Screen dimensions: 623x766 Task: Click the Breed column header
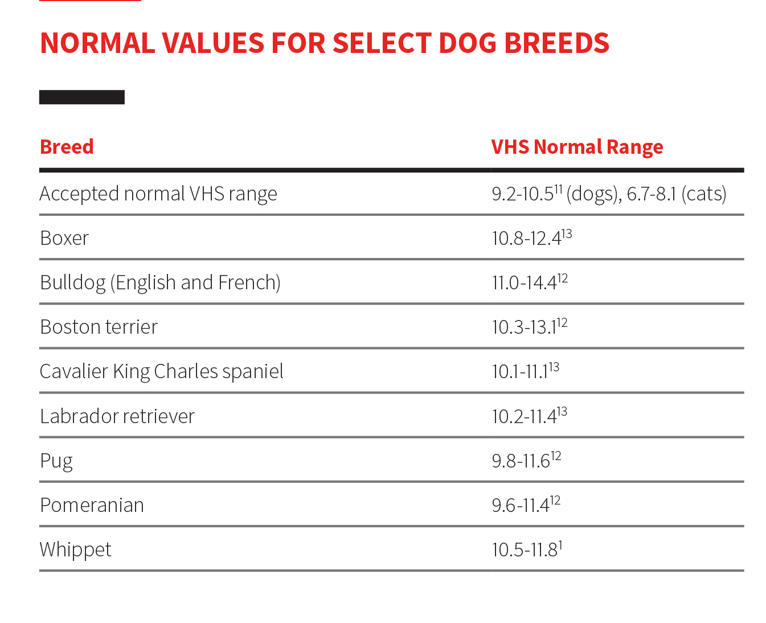[67, 147]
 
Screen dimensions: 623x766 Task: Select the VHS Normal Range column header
[576, 147]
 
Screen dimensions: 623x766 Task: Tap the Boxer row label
[64, 238]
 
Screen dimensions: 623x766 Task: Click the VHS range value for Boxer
[531, 237]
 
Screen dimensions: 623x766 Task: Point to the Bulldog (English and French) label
[160, 282]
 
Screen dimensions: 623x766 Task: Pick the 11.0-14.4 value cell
[529, 282]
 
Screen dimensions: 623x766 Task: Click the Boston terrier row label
[99, 327]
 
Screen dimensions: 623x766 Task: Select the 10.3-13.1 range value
[529, 326]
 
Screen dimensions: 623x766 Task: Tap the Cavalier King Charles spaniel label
[161, 371]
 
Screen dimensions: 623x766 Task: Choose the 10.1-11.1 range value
[525, 371]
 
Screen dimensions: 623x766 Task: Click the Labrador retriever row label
[117, 416]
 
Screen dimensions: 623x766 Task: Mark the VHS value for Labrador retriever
[529, 416]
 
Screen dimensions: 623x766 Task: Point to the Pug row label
[56, 461]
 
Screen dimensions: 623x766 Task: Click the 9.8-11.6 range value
[526, 460]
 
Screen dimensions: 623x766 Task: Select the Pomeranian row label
[92, 505]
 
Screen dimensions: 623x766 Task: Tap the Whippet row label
[75, 550]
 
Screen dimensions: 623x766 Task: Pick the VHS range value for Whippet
[527, 550]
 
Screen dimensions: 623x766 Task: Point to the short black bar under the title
[82, 97]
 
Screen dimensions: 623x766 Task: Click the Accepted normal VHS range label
[158, 194]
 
